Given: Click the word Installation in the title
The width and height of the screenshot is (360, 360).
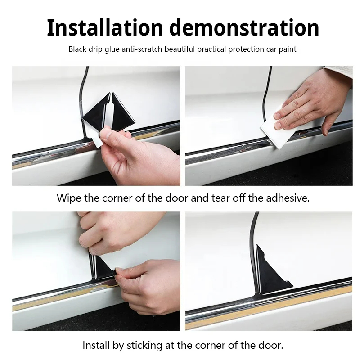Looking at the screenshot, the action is click(105, 28).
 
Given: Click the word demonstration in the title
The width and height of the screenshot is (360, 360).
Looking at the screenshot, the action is click(244, 28).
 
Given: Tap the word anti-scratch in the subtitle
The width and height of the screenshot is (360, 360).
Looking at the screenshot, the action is click(142, 49).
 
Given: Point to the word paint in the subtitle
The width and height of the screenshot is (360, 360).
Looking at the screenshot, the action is click(288, 49).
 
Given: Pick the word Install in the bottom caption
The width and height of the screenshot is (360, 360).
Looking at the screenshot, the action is click(96, 345).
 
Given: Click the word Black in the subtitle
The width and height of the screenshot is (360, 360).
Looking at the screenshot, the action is click(77, 49).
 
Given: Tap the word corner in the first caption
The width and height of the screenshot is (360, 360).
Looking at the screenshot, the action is click(117, 198).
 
